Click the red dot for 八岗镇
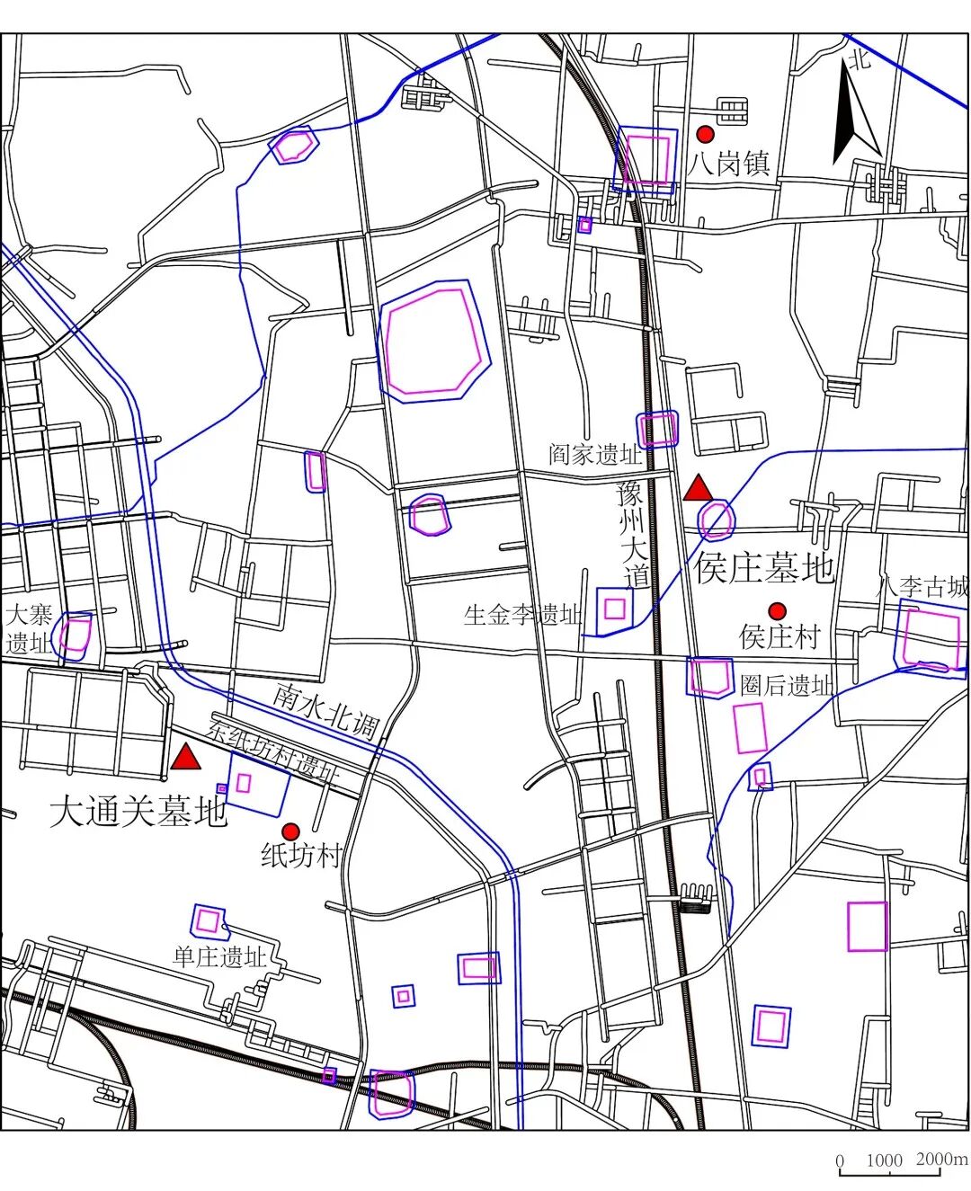[x=706, y=134]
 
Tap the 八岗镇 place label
[x=729, y=164]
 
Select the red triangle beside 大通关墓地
[x=186, y=758]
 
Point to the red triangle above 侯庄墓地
[x=698, y=490]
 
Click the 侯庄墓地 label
[x=764, y=568]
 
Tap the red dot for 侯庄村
[x=778, y=611]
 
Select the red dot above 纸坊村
[x=290, y=830]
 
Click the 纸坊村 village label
[x=300, y=855]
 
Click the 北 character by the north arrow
[x=860, y=60]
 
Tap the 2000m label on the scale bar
[x=941, y=1159]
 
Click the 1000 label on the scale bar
[x=884, y=1160]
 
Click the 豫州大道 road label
[x=634, y=534]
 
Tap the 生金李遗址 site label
[x=522, y=615]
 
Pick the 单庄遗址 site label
[x=220, y=956]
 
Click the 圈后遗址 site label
[x=787, y=686]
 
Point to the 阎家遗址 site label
[x=595, y=455]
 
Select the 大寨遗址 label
[x=29, y=629]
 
